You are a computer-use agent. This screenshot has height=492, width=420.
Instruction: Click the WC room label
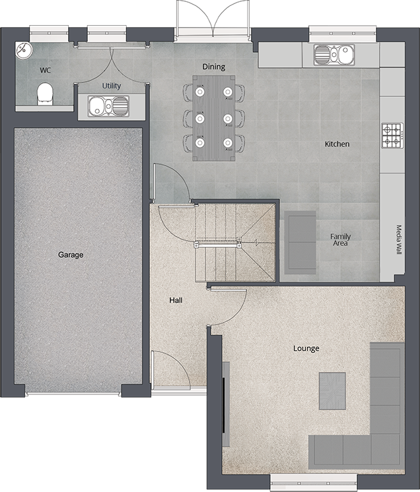point(45,69)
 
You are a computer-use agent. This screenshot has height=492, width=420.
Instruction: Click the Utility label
point(112,86)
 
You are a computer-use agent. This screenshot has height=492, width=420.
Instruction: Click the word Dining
point(213,67)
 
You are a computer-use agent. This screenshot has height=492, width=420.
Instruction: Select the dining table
point(213,117)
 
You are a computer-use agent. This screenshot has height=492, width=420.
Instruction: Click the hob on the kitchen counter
point(391,136)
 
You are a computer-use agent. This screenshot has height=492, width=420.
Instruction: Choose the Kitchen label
point(337,144)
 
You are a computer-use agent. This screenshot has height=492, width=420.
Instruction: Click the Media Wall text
point(399,240)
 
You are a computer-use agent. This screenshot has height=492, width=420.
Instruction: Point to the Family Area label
point(341,240)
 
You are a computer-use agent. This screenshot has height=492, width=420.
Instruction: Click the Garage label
point(71,255)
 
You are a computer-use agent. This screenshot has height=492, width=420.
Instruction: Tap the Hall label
point(176,300)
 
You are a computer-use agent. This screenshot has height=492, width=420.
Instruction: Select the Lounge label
point(306,348)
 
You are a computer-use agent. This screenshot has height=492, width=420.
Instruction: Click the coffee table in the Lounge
point(332,390)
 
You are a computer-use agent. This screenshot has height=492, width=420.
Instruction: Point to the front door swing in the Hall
point(170,369)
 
